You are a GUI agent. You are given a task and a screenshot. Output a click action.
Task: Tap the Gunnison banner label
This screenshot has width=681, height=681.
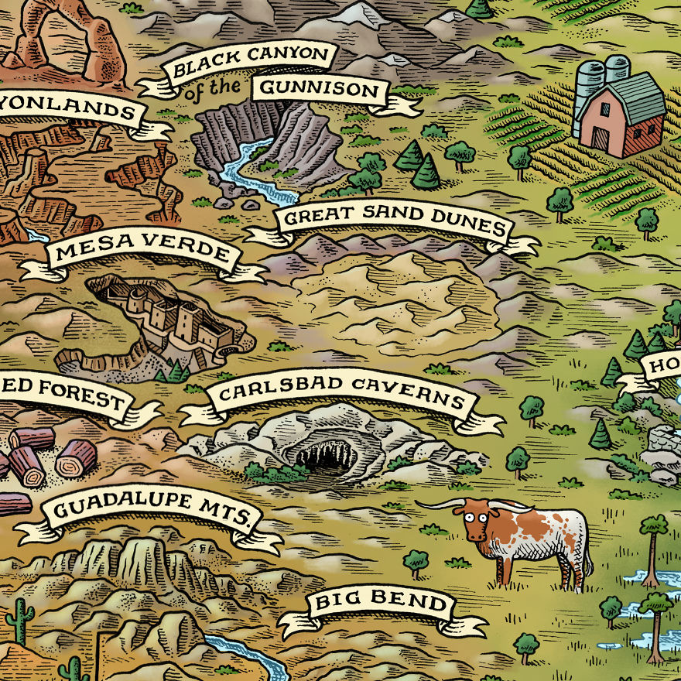tap(321, 90)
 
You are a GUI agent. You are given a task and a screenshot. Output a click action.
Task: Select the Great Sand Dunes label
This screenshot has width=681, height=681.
tap(394, 221)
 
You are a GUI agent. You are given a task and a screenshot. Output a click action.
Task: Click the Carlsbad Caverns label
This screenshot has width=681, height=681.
tap(341, 396)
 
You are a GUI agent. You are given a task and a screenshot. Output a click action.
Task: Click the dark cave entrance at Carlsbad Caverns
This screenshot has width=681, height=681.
tap(326, 457)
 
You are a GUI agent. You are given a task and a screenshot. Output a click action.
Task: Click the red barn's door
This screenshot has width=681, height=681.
tap(601, 139)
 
